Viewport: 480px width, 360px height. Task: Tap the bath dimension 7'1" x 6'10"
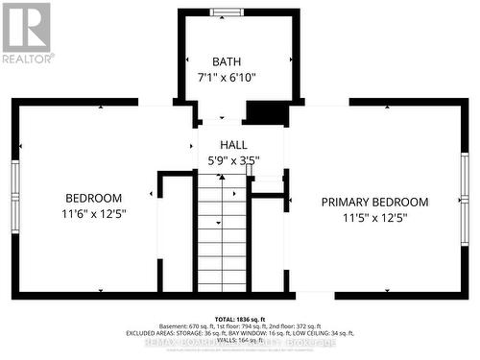pyautogui.click(x=228, y=77)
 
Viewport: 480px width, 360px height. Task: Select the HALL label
pyautogui.click(x=221, y=145)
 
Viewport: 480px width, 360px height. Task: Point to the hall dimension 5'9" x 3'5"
pyautogui.click(x=233, y=160)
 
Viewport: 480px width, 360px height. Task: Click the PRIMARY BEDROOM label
pyautogui.click(x=374, y=202)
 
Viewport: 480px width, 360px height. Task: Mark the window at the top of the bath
pyautogui.click(x=228, y=12)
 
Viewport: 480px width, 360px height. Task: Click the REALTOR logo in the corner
pyautogui.click(x=27, y=32)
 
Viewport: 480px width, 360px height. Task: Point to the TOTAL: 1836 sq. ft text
pyautogui.click(x=240, y=318)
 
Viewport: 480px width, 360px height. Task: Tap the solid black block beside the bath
pyautogui.click(x=266, y=112)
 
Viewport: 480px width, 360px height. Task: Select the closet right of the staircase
pyautogui.click(x=267, y=245)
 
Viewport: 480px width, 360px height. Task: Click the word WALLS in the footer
pyautogui.click(x=219, y=339)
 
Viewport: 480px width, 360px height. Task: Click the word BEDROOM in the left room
pyautogui.click(x=94, y=197)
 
